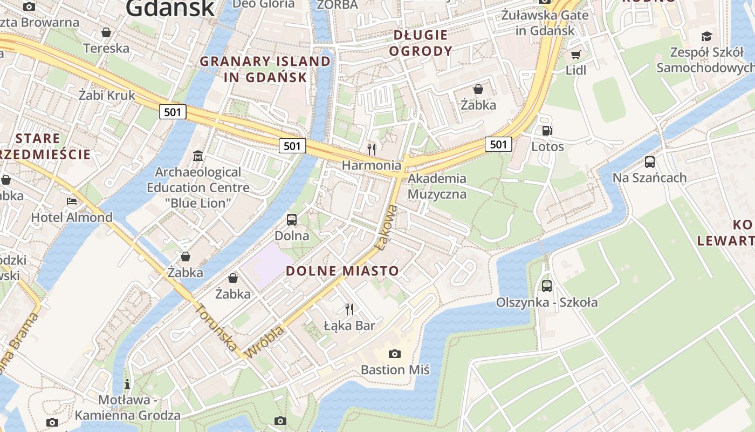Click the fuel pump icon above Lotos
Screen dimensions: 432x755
547,130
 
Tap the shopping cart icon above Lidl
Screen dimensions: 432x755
575,55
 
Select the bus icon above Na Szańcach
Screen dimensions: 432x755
649,161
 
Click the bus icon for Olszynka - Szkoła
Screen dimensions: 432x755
546,286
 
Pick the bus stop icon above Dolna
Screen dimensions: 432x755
292,220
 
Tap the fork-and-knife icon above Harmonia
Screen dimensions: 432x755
371,149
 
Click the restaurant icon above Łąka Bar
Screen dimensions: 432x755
349,309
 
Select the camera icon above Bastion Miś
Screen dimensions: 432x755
395,354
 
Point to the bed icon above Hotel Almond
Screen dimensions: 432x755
71,201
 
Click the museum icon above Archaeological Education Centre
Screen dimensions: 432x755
198,156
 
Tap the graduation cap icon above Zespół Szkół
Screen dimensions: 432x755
706,36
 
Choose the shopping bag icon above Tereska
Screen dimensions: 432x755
106,32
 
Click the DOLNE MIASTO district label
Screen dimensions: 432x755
342,271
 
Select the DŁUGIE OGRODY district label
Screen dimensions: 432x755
421,43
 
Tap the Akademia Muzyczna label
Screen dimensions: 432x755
437,186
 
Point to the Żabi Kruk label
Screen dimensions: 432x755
107,96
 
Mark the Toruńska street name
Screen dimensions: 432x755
215,327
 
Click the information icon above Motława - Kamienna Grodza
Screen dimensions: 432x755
127,384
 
